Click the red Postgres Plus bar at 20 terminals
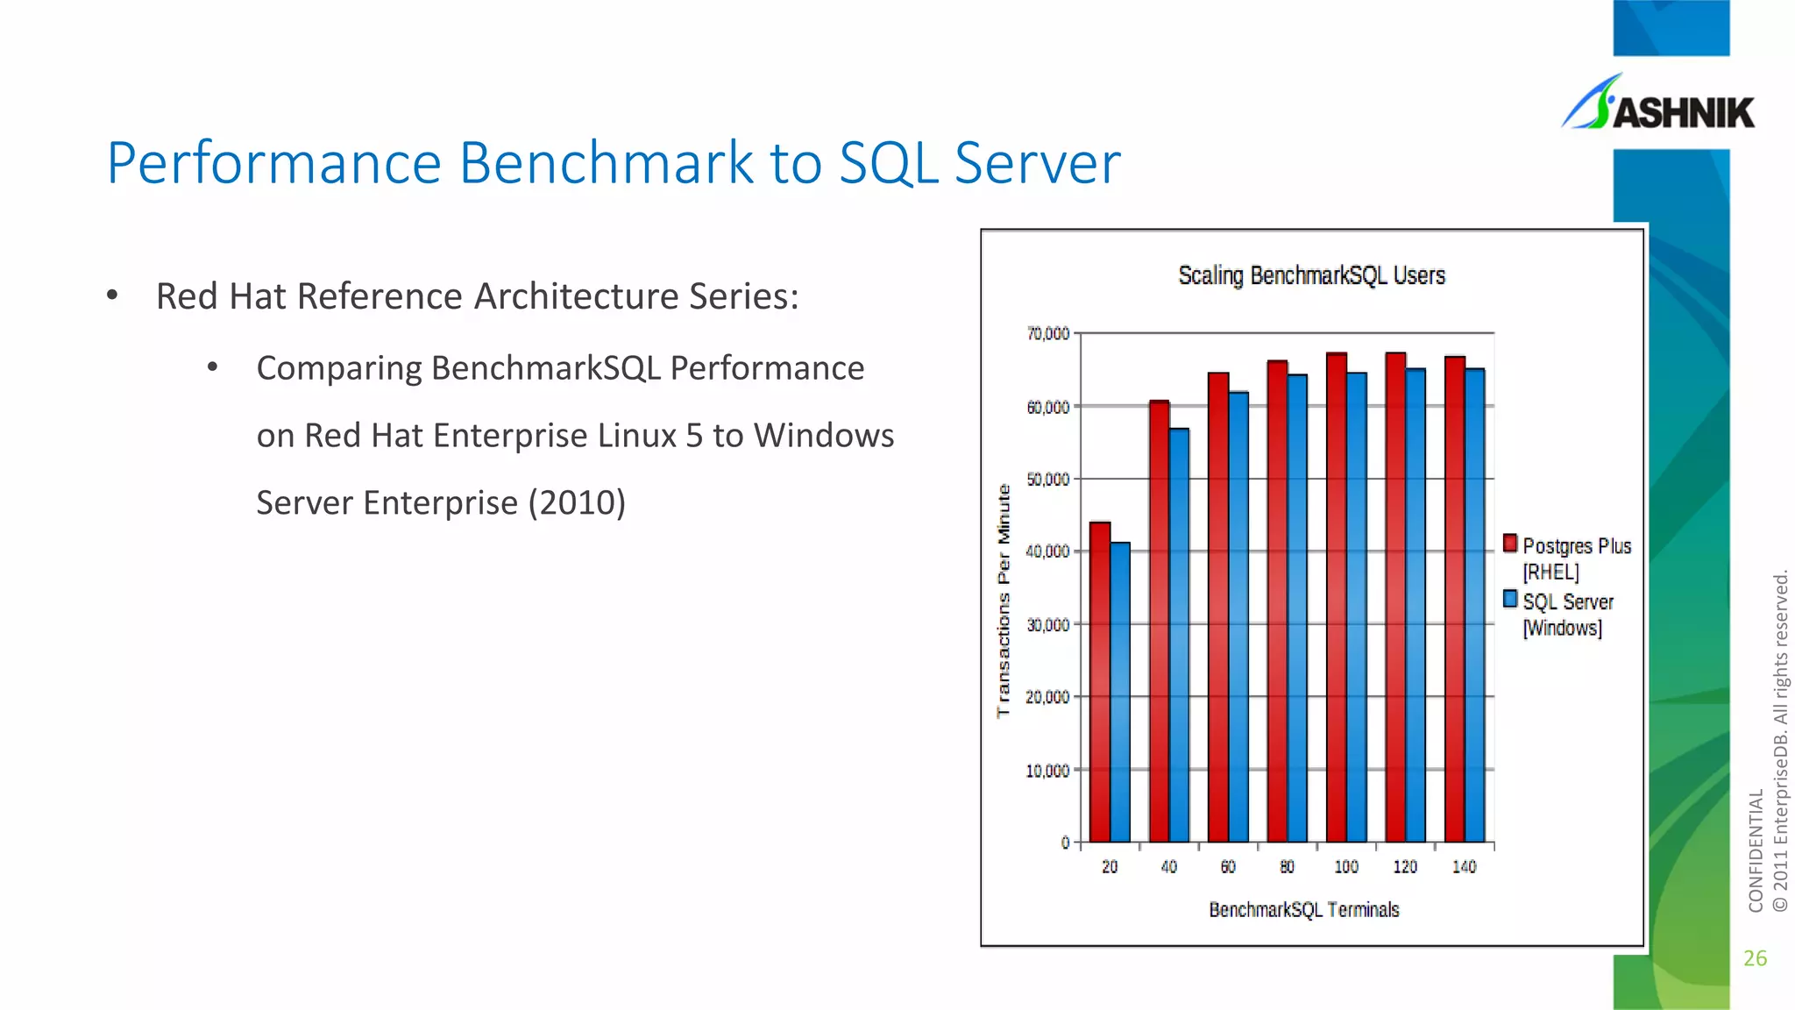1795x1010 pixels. coord(1099,684)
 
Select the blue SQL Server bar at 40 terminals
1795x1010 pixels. coord(1179,636)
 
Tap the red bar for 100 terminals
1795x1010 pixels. coord(1336,596)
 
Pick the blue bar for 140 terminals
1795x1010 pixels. coord(1474,605)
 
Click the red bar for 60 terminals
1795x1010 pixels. coord(1217,605)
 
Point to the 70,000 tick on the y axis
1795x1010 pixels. coord(1048,333)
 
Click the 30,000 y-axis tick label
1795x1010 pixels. coord(1048,624)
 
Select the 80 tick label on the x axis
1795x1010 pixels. coord(1287,867)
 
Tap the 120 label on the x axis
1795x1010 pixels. coord(1405,867)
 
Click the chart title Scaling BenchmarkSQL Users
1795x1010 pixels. coord(1311,275)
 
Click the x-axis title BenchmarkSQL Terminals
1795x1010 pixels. coord(1303,910)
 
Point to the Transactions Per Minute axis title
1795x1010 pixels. coord(1004,601)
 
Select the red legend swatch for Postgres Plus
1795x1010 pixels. coord(1509,544)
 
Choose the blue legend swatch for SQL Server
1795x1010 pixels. coord(1509,600)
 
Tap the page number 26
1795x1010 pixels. coord(1755,958)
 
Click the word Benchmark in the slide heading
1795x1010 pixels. coord(605,163)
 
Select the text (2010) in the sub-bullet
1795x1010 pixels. coord(577,503)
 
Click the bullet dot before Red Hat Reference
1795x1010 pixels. coord(112,295)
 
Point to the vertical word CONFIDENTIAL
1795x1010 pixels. coord(1755,850)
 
